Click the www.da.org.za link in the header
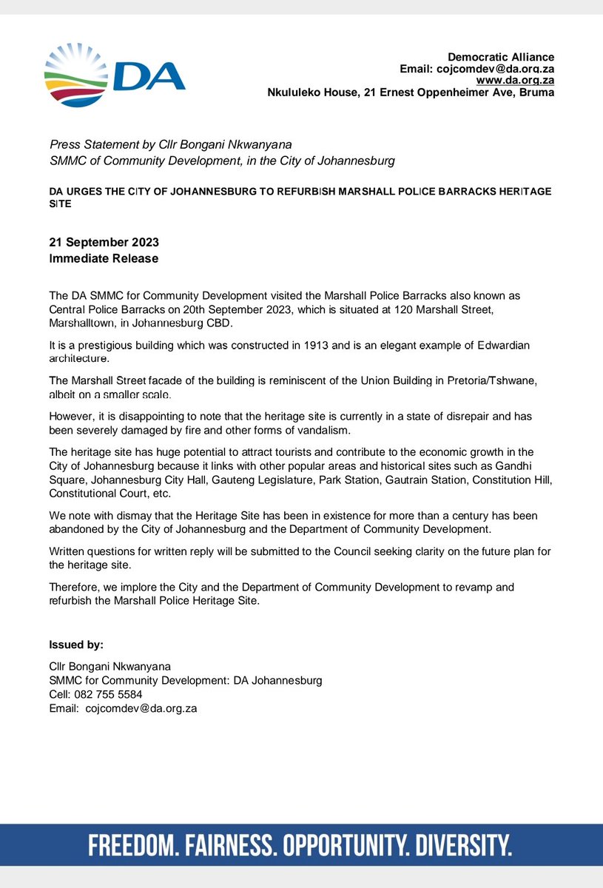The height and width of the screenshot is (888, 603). pyautogui.click(x=514, y=81)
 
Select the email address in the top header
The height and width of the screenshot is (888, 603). pyautogui.click(x=502, y=69)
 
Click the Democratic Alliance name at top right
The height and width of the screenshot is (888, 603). pyautogui.click(x=501, y=57)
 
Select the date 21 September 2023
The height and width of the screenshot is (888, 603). pyautogui.click(x=104, y=243)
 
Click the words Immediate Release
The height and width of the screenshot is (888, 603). pyautogui.click(x=104, y=258)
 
